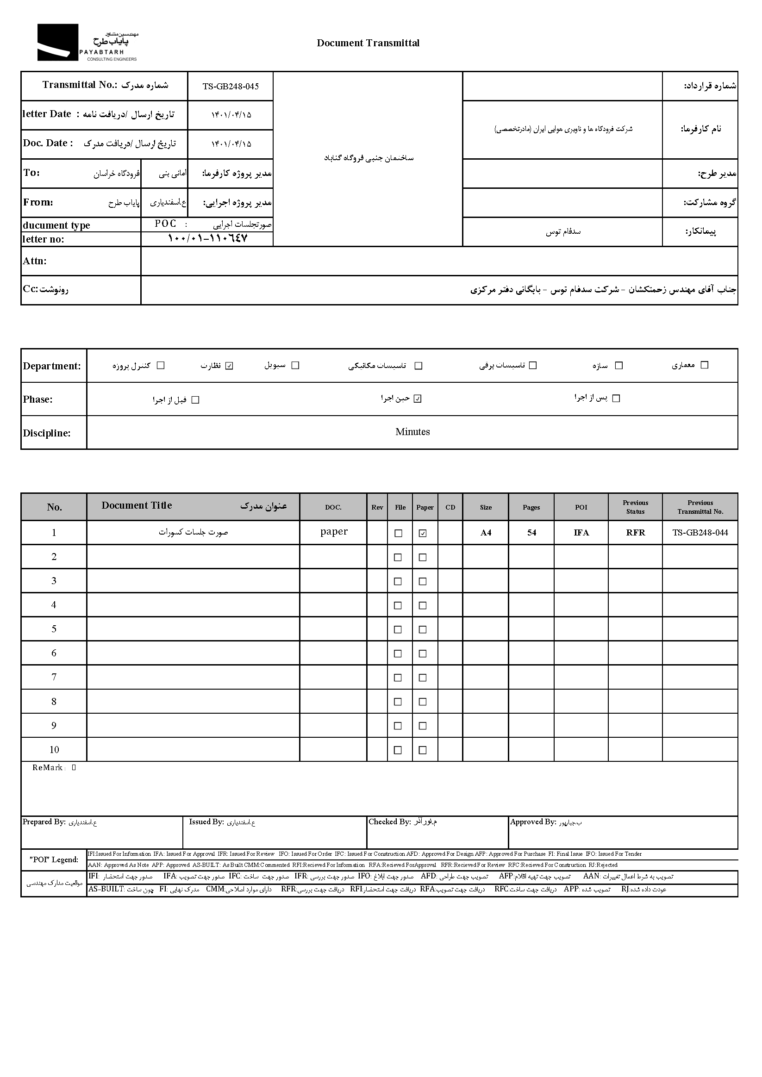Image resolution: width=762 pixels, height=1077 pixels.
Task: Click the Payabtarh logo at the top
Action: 87,43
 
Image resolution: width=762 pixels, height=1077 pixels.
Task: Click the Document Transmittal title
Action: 368,43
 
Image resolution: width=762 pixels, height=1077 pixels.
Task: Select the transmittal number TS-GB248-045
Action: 231,86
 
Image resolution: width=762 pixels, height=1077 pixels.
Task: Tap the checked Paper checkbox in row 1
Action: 423,533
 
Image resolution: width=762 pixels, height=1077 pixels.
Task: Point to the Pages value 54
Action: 531,533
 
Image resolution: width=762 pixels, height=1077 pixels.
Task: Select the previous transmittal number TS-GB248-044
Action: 700,533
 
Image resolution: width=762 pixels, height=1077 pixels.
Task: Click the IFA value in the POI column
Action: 581,533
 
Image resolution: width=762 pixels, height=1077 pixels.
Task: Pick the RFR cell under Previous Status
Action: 635,533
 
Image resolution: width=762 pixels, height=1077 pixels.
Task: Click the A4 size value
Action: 486,533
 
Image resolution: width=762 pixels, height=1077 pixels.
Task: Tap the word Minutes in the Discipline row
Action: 412,432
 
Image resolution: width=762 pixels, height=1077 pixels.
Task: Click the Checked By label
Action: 389,822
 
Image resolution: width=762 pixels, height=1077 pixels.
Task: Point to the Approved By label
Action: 532,822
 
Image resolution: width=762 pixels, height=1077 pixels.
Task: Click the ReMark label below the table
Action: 48,768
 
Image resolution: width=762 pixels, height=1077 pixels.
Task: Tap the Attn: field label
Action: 35,261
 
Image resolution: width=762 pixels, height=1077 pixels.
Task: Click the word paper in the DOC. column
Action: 334,531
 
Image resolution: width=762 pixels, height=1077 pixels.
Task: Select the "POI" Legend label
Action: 54,860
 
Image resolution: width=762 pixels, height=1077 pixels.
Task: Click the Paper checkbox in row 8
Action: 423,702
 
